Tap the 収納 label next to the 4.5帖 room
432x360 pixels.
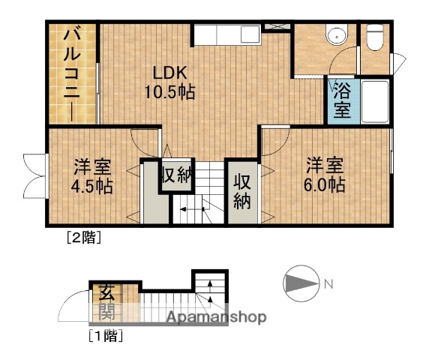[x=178, y=176]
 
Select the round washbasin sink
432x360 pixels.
[x=337, y=34]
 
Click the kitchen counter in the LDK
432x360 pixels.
[x=226, y=34]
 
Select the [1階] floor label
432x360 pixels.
[x=105, y=335]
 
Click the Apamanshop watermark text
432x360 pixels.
[x=216, y=317]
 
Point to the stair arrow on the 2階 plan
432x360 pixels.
[x=191, y=209]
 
